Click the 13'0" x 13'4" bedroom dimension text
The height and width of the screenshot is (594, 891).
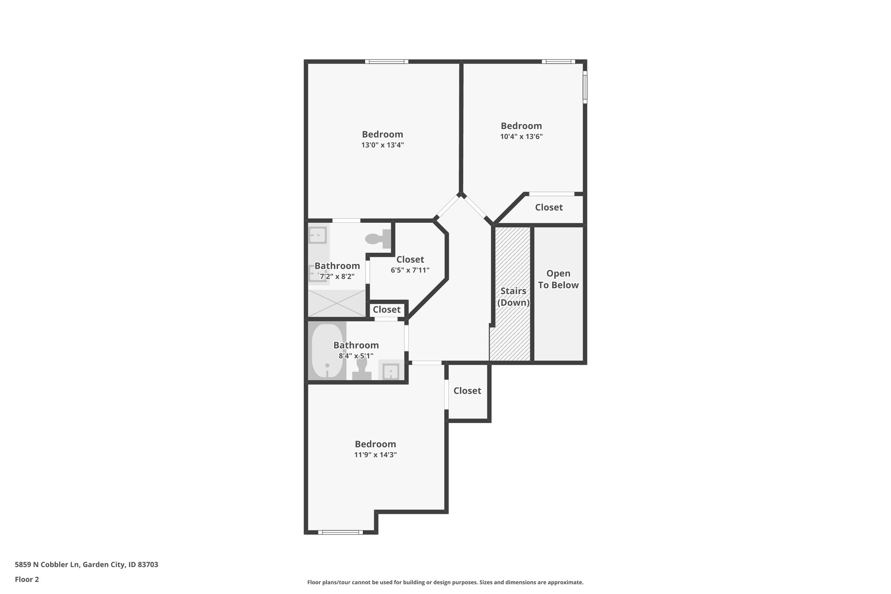382,145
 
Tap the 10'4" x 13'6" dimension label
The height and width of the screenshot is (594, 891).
521,136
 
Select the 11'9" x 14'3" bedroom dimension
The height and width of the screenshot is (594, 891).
375,455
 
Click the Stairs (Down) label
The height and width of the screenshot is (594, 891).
513,297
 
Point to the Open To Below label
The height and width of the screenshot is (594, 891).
558,279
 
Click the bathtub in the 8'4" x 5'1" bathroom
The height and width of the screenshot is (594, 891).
327,351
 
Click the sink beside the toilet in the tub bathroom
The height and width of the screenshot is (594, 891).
390,371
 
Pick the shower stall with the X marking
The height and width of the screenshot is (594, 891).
337,303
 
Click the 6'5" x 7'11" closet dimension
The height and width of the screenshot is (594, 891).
410,270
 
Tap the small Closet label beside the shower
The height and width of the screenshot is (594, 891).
386,310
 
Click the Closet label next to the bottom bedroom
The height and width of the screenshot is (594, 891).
467,391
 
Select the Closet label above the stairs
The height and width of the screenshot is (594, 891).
549,208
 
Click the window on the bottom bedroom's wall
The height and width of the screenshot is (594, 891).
340,532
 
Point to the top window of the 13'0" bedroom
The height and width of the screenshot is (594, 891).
386,62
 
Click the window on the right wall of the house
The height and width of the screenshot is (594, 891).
585,87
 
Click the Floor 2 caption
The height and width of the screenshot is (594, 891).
27,579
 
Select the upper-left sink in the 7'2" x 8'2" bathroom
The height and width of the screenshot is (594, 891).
318,235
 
